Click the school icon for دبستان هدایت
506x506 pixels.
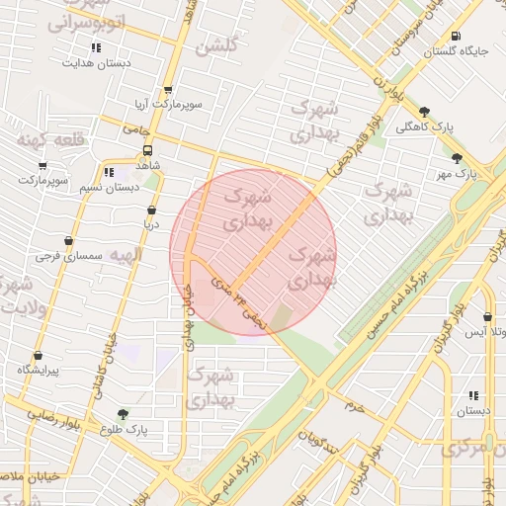click(x=96, y=47)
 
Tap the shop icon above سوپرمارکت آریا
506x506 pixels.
click(x=168, y=90)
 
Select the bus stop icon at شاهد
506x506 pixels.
click(x=147, y=151)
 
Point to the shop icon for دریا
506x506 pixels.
click(x=151, y=211)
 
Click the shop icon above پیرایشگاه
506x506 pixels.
click(x=39, y=355)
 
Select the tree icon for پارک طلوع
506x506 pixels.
click(x=123, y=415)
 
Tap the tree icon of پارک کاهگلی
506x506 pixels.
click(x=424, y=112)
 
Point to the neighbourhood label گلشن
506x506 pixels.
click(x=216, y=46)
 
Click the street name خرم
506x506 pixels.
click(x=355, y=406)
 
